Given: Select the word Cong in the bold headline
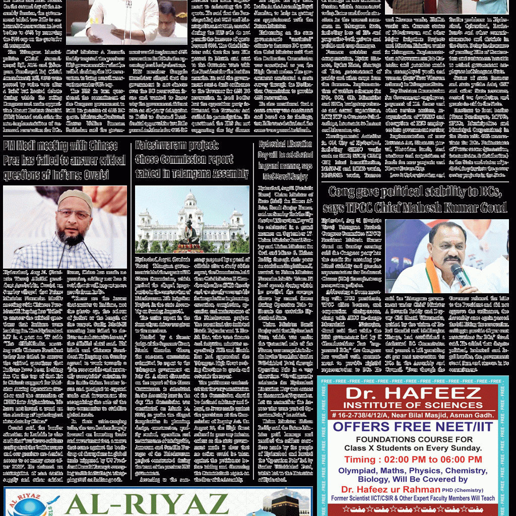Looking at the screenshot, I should point(343,192).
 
